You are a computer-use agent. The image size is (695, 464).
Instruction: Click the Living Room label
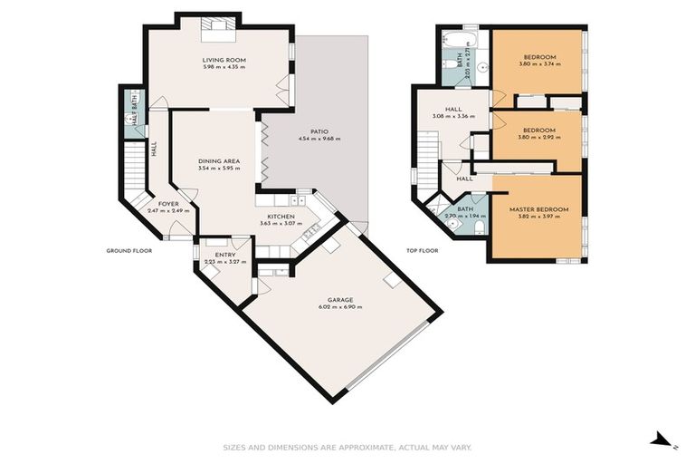224,61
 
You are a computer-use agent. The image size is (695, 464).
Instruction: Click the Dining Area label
219,160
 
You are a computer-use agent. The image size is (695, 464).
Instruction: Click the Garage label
340,299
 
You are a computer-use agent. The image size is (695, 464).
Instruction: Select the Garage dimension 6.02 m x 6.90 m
340,307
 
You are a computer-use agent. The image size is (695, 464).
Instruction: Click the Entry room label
225,255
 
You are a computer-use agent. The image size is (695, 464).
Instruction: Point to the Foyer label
168,204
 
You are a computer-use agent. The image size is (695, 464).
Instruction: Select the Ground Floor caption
129,250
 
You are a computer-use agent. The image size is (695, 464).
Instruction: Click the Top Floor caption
422,250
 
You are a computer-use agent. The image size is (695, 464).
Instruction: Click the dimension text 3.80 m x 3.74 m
538,64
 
